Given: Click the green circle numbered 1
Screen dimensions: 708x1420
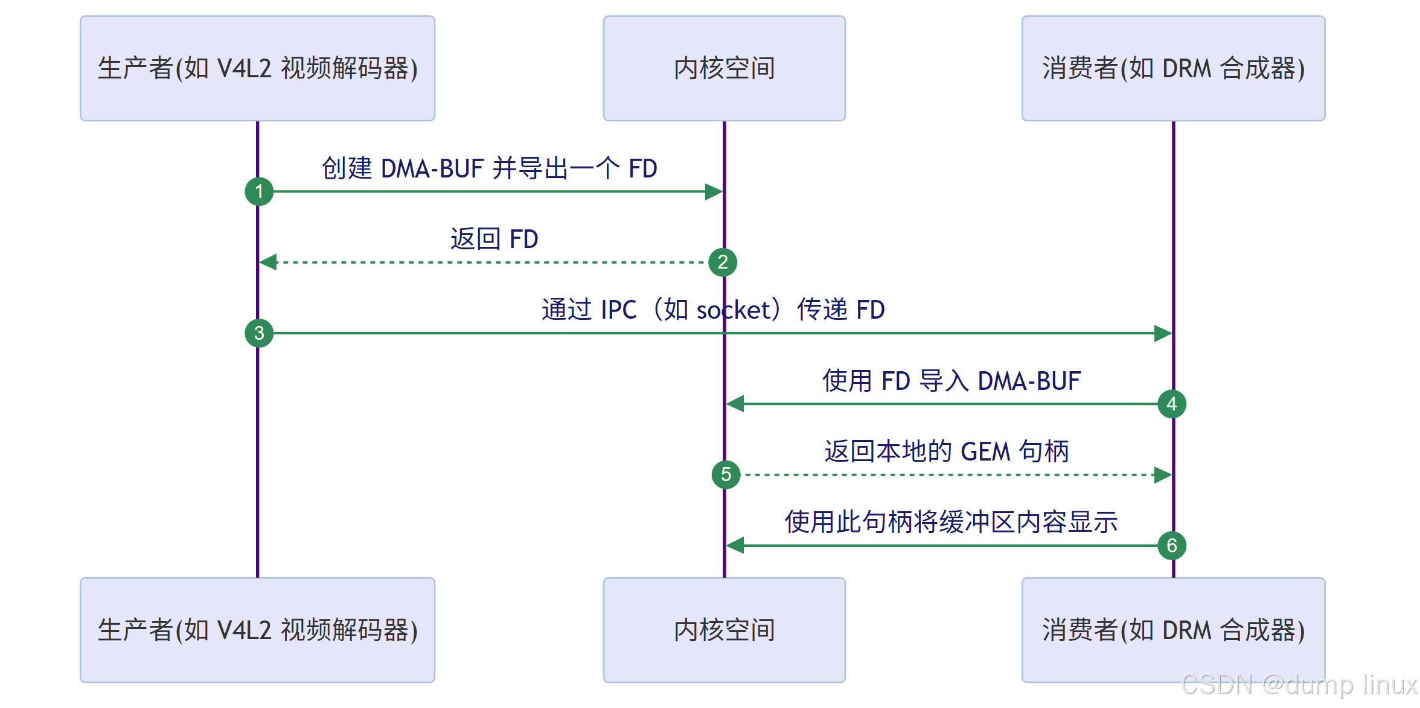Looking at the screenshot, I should coord(259,192).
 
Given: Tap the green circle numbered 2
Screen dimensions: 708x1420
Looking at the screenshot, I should coord(723,263).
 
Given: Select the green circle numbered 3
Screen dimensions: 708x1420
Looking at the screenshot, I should coord(259,333).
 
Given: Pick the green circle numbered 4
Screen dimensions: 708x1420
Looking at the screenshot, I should coord(1172,404).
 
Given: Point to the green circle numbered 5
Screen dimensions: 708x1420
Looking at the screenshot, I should coord(726,475).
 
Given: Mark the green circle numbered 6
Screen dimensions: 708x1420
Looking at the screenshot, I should coord(1172,546).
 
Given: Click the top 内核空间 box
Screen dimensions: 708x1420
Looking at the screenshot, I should coord(724,68).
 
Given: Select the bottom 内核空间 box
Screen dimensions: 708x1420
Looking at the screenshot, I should coord(724,630).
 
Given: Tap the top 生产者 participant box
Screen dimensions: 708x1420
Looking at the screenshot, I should coord(257,68).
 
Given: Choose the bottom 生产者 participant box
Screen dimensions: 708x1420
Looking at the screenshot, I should coord(257,630).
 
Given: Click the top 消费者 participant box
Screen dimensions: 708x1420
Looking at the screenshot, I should coord(1173,68).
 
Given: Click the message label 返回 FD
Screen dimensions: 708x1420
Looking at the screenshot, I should coord(494,239).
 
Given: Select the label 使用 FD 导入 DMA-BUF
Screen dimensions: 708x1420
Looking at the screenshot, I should coord(951,381).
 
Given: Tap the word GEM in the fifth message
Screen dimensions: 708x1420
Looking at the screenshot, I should coord(985,451).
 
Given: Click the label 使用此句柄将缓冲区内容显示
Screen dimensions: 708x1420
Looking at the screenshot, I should coord(951,522).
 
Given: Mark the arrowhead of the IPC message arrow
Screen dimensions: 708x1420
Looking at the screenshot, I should coord(1163,333).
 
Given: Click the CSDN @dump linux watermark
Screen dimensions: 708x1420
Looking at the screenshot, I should coord(1298,686).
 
